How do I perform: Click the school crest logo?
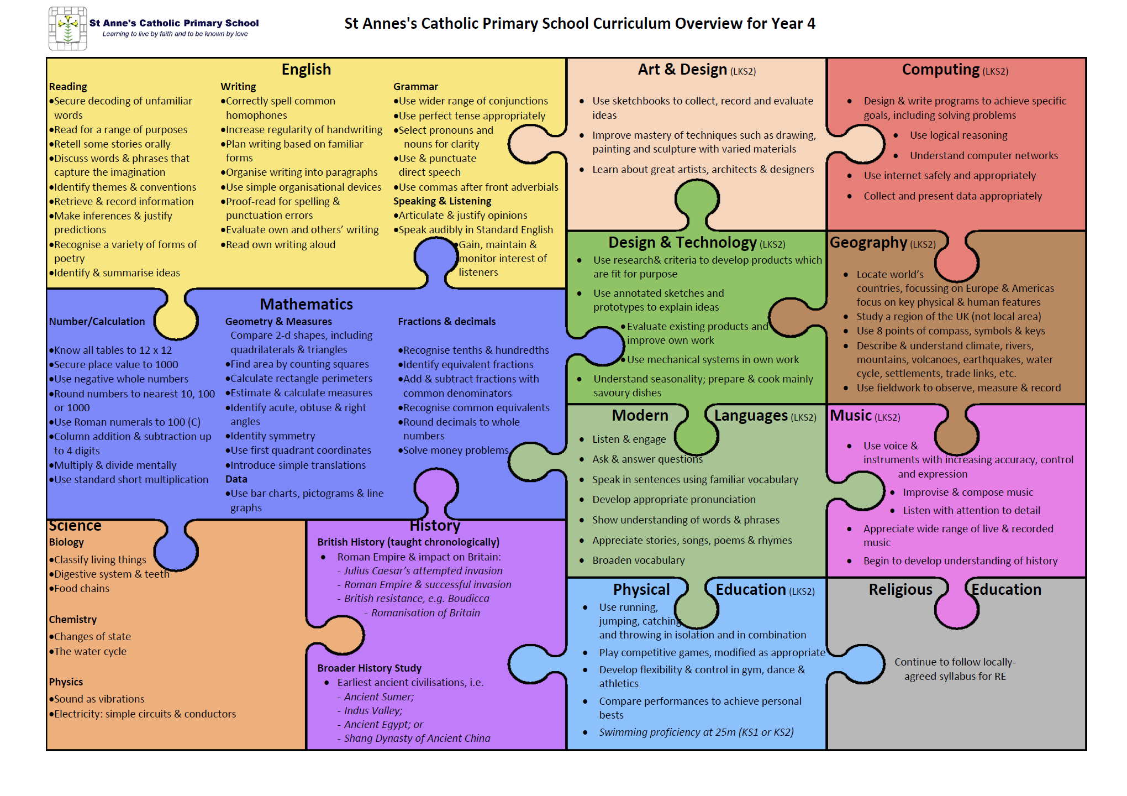click(x=68, y=28)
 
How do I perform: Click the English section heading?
click(x=306, y=70)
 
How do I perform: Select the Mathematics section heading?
click(x=306, y=304)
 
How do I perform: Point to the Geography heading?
click(x=868, y=243)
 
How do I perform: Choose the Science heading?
click(x=75, y=525)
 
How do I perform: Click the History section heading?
click(x=435, y=525)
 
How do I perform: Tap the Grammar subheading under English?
click(x=415, y=87)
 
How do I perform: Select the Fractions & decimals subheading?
click(x=447, y=322)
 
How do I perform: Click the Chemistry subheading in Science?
click(x=72, y=620)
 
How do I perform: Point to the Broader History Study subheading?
click(x=369, y=668)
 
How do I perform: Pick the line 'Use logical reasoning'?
click(x=959, y=135)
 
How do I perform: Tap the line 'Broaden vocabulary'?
click(x=638, y=561)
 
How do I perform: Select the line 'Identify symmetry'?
click(x=270, y=436)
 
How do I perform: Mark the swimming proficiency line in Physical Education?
click(x=696, y=732)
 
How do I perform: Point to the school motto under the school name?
click(x=175, y=34)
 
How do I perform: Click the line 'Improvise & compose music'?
click(x=968, y=493)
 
